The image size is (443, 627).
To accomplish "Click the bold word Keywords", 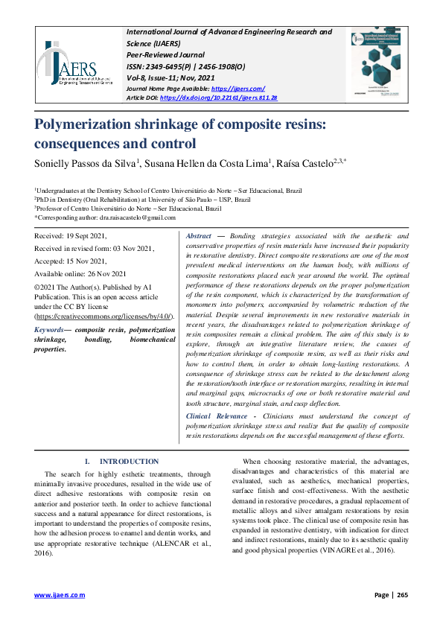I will pyautogui.click(x=50, y=328).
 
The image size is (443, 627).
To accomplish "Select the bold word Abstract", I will pyautogui.click(x=199, y=235).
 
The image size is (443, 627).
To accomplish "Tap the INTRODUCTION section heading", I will pyautogui.click(x=129, y=462).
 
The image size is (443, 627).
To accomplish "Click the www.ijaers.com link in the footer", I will pyautogui.click(x=60, y=595).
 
